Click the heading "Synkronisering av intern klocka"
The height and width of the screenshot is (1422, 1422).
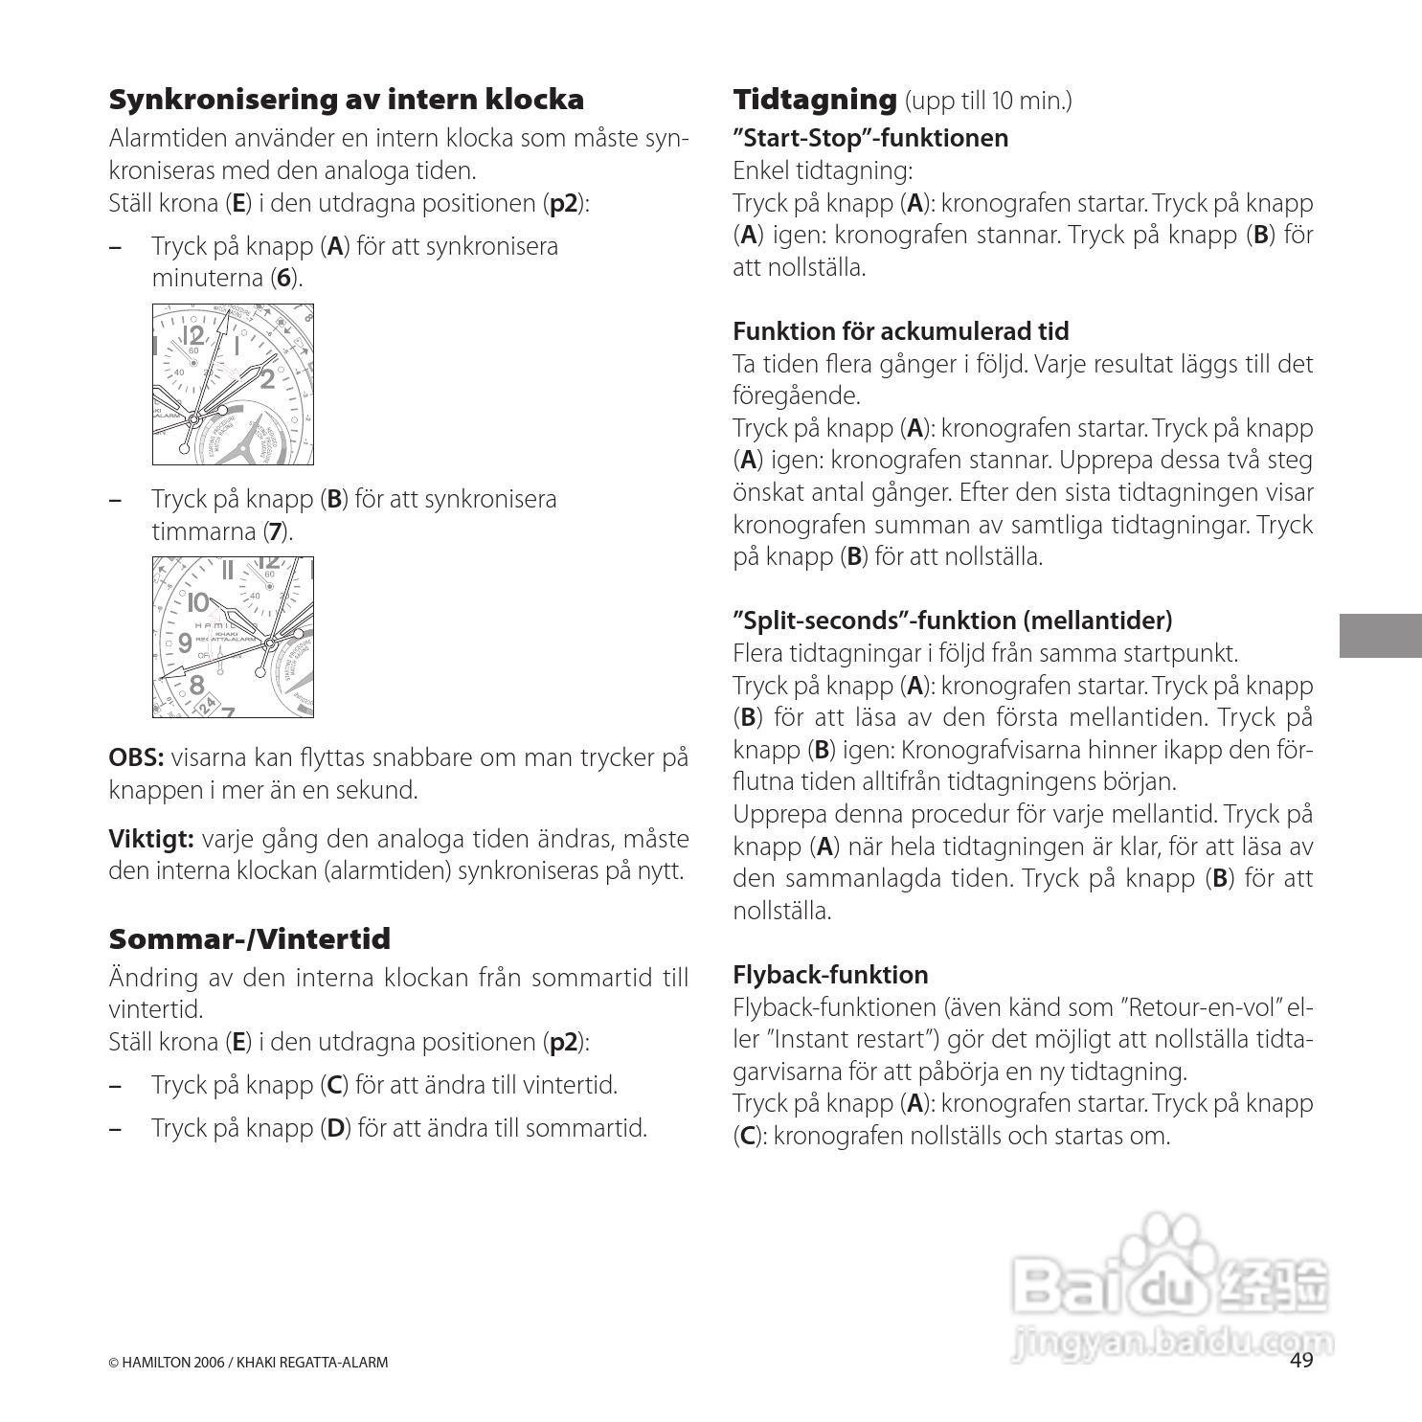pos(346,100)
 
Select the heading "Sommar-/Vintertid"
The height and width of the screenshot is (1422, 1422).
pos(249,938)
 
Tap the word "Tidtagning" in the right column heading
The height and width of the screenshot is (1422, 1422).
pos(814,100)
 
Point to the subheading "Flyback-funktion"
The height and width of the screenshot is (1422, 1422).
pos(830,975)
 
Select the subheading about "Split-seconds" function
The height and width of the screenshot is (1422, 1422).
pos(952,621)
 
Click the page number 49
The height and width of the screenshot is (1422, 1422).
pos(1301,1361)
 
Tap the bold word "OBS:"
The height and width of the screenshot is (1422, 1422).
pos(136,757)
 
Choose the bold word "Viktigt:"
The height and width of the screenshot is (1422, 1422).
pos(151,839)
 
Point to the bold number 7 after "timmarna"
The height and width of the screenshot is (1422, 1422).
pos(275,531)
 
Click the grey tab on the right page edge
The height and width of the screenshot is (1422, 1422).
pos(1380,636)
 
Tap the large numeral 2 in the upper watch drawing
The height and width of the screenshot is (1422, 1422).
pos(267,379)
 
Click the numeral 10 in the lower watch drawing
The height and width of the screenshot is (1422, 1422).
pos(197,603)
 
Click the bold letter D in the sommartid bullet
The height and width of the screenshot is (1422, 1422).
pos(335,1128)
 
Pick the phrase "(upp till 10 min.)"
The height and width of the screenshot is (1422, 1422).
pos(987,101)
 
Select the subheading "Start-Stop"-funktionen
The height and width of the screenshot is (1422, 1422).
pos(869,138)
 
